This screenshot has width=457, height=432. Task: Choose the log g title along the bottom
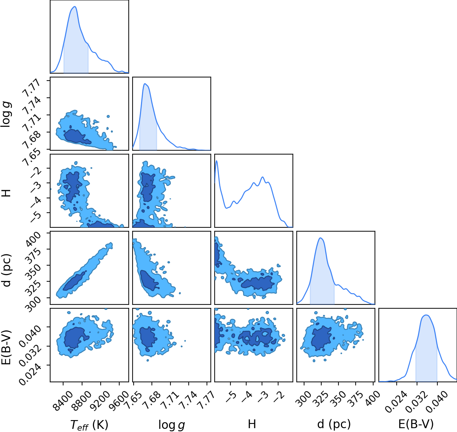tap(172, 424)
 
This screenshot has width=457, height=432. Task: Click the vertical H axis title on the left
tap(6, 193)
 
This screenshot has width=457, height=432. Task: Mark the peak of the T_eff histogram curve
tap(75, 7)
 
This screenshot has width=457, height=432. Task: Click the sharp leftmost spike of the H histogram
tap(217, 161)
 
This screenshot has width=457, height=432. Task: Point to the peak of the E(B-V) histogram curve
tap(426, 315)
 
